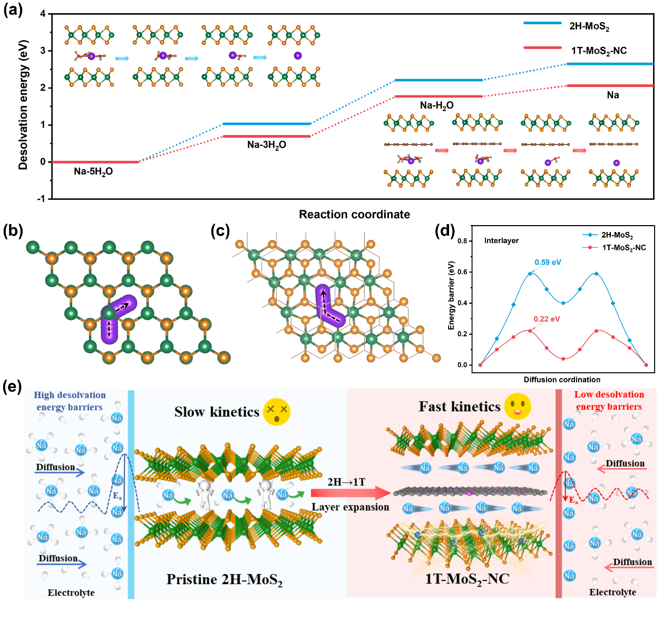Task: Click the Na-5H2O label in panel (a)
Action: coord(93,171)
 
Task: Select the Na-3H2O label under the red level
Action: coord(267,145)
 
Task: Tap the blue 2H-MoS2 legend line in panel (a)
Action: coord(542,23)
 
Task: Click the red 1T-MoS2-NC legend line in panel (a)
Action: coord(542,48)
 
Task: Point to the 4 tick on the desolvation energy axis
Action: coord(43,14)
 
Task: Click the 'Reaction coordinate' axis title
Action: coord(354,215)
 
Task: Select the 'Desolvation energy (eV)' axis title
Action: coord(23,105)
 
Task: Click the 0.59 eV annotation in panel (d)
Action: coord(548,262)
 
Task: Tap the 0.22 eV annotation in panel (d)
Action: coord(547,319)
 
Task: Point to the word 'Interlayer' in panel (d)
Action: coord(501,240)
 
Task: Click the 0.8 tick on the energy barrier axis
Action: coord(462,241)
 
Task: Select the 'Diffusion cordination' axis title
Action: coord(562,380)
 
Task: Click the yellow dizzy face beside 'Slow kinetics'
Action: coord(277,411)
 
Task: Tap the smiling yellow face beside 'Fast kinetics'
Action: coord(518,406)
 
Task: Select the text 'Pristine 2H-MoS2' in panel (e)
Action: coord(225,580)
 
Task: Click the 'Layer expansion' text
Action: coord(351,507)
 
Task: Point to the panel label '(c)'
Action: coord(220,230)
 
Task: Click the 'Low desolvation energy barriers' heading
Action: coord(609,401)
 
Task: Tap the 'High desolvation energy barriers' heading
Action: coord(70,401)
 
